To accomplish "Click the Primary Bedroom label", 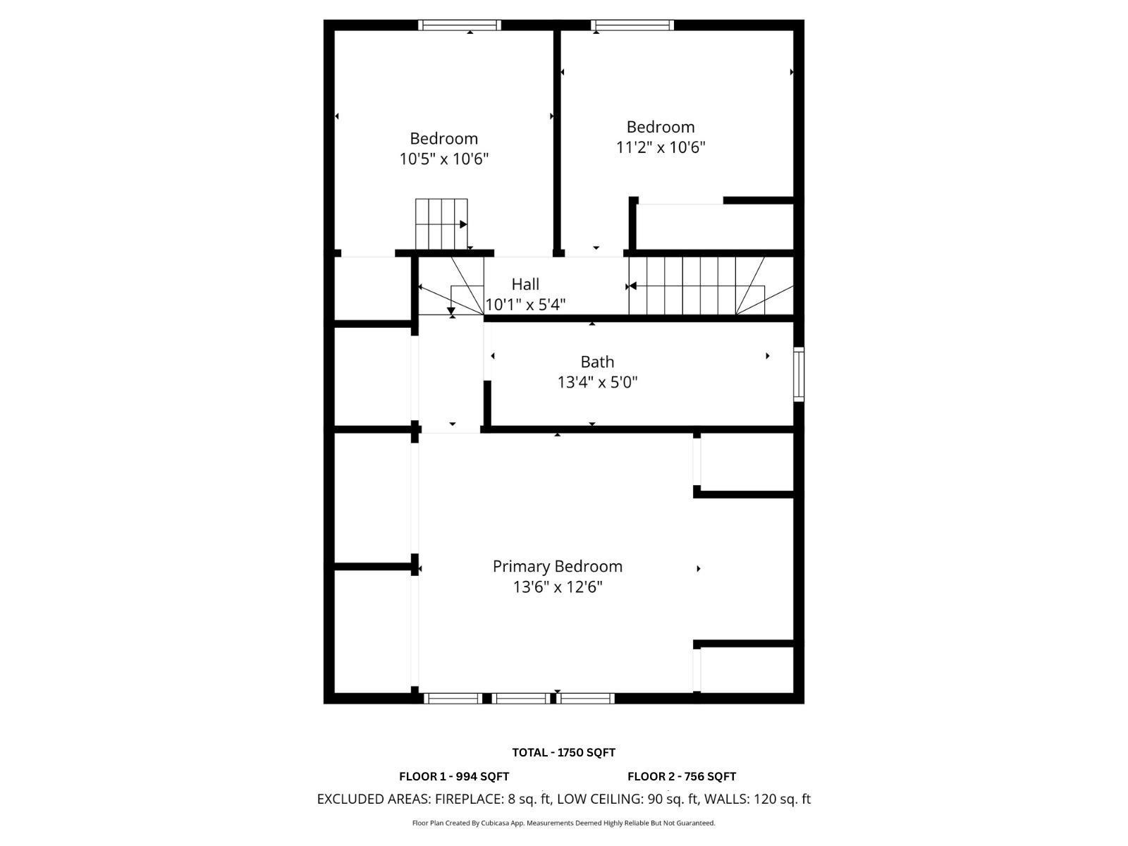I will coord(557,566).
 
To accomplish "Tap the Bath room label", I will coord(597,362).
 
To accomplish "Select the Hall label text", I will coord(525,284).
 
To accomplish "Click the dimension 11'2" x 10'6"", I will coord(660,147).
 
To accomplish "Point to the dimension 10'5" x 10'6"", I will coord(444,159).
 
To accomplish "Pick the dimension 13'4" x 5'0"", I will coord(597,382).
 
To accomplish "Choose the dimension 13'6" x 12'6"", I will coord(557,587).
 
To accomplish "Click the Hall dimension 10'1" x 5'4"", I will coord(526,305).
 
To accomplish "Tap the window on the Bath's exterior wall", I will coord(799,374).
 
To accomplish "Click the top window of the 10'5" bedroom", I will coord(460,25).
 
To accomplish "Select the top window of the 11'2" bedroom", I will coord(632,25).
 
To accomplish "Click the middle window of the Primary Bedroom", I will coord(520,698).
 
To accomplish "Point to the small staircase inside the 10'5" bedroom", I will coord(441,224).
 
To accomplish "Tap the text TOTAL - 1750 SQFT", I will coord(563,752).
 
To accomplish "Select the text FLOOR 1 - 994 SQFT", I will coord(454,776).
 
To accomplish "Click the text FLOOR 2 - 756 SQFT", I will coord(682,776).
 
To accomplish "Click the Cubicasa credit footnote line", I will coord(563,823).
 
